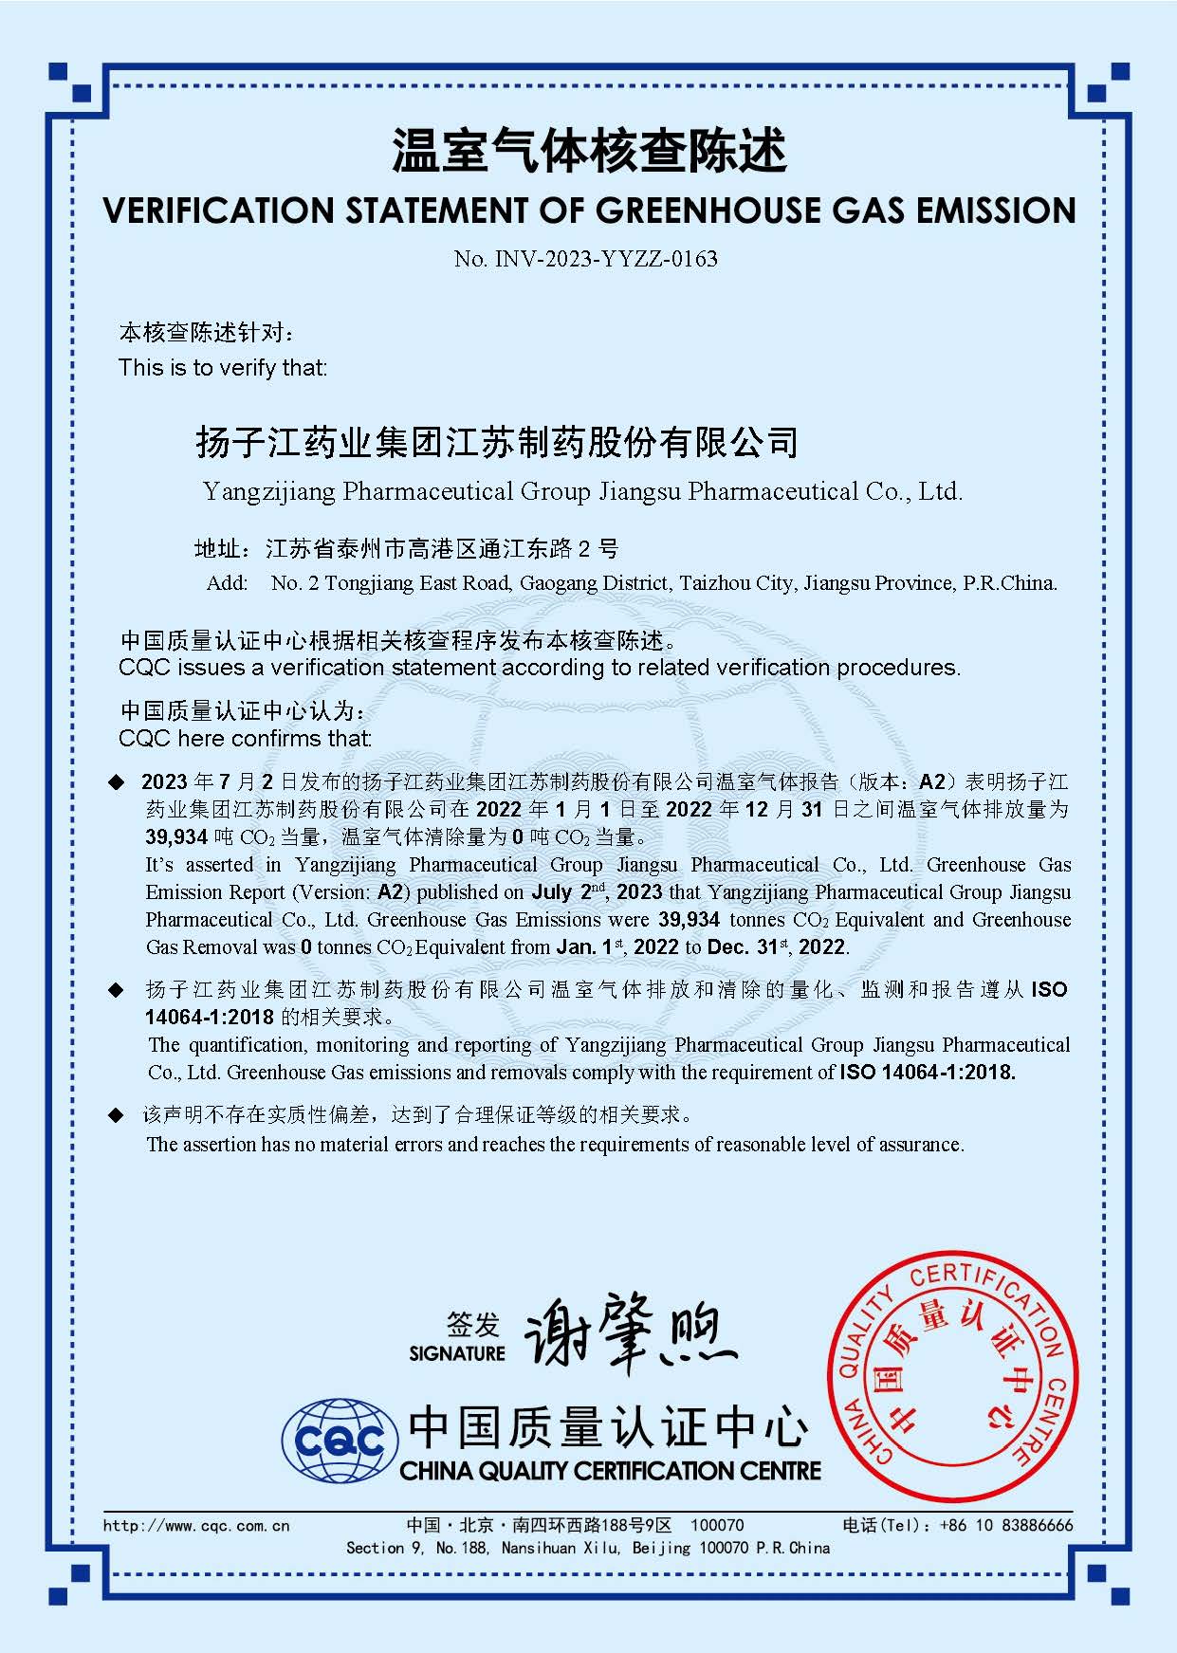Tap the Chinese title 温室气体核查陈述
(x=589, y=152)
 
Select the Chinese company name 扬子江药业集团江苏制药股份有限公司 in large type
(x=497, y=442)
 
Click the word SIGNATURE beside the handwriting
(x=457, y=1353)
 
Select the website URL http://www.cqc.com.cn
(x=196, y=1526)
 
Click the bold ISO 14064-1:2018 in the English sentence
(x=927, y=1073)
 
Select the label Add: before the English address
(x=228, y=582)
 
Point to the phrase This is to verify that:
(x=223, y=368)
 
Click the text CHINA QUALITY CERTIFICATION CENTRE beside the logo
(x=611, y=1471)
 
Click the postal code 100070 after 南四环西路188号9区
(x=717, y=1525)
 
